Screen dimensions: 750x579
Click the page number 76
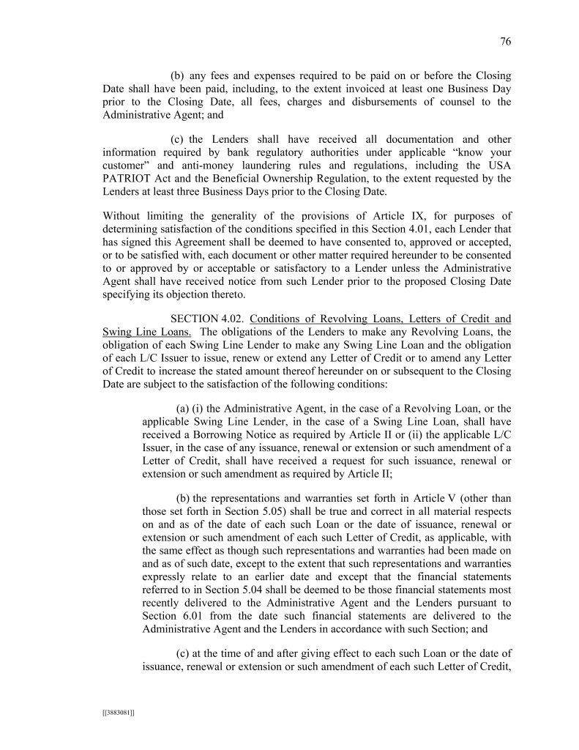click(x=505, y=42)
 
